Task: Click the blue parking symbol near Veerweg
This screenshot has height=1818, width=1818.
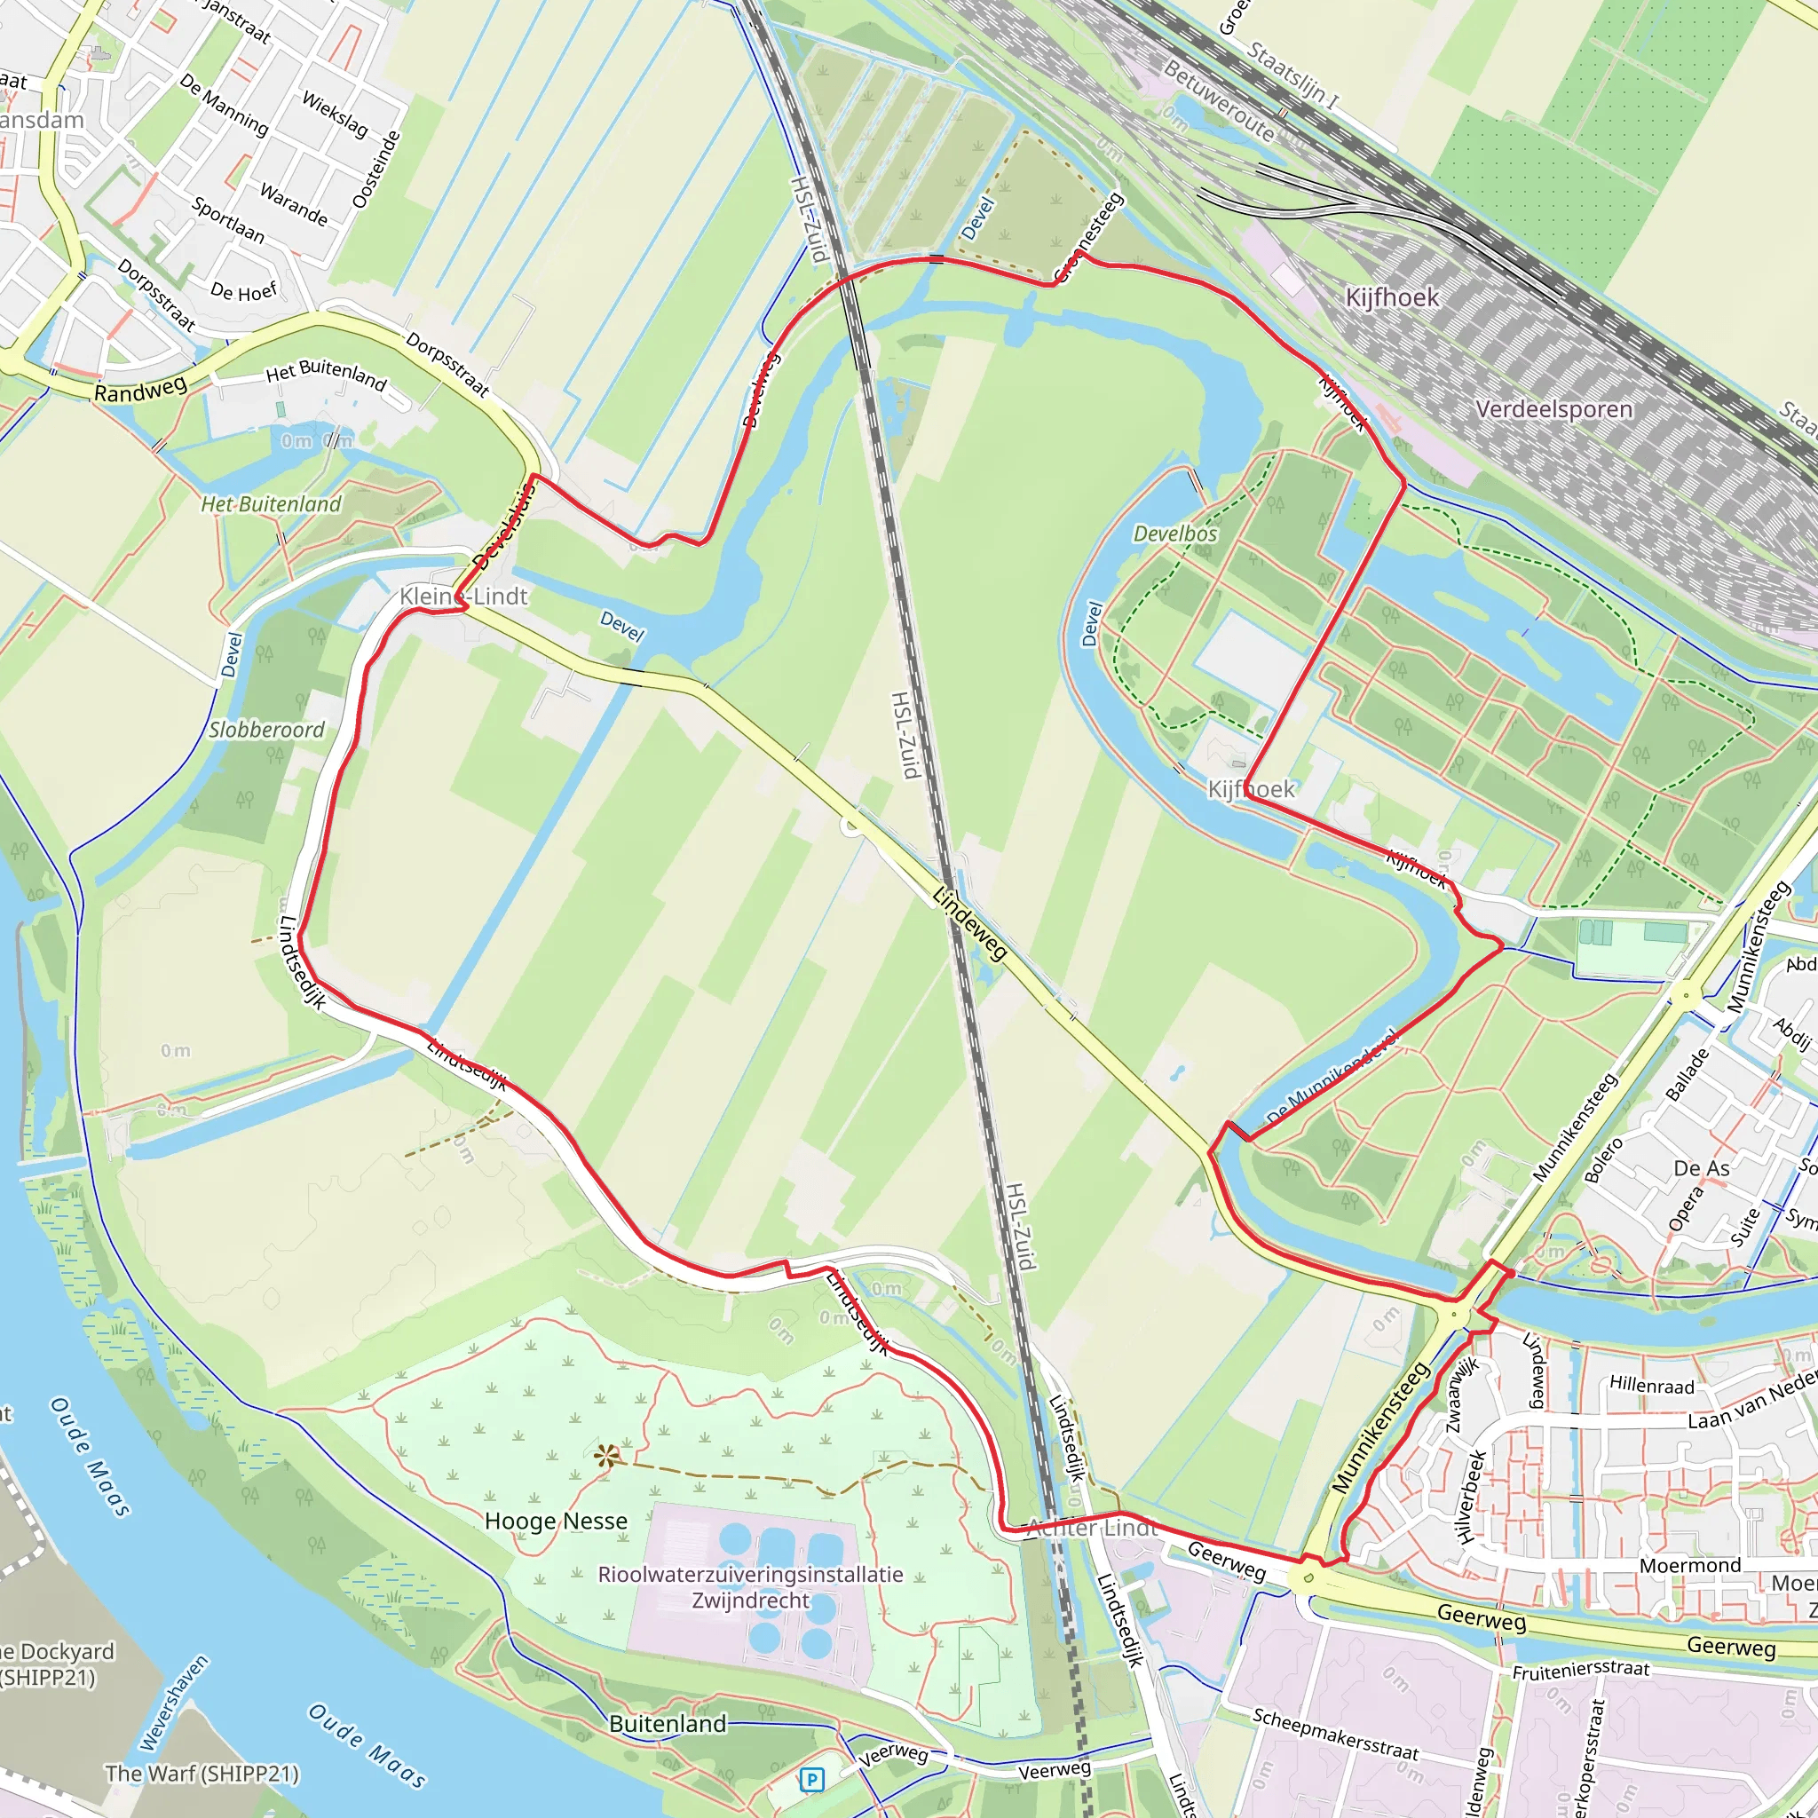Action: (x=810, y=1780)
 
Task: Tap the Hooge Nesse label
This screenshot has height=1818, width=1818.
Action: (x=555, y=1522)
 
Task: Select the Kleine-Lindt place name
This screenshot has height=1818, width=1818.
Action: (x=463, y=597)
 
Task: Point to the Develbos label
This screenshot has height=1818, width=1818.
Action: (x=1174, y=534)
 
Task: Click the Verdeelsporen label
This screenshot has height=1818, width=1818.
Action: (x=1553, y=409)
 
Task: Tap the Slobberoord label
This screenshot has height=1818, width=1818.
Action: (x=266, y=731)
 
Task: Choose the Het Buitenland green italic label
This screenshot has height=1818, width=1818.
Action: (x=271, y=504)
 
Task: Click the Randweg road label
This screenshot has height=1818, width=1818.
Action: (x=140, y=389)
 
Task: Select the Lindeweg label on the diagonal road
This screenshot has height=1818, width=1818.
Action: (x=970, y=923)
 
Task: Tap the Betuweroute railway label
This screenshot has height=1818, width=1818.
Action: (x=1219, y=100)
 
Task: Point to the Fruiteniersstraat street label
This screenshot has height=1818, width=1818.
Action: (x=1581, y=1671)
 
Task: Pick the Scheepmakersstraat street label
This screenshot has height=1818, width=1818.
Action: (x=1334, y=1734)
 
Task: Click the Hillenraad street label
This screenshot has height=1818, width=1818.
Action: (x=1651, y=1385)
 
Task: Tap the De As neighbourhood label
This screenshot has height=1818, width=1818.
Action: (x=1702, y=1169)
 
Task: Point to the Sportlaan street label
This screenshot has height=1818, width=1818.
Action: (x=228, y=219)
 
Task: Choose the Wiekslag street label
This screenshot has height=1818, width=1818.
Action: (x=335, y=114)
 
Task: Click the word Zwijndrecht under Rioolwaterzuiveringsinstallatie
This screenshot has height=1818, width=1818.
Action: (x=750, y=1601)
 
